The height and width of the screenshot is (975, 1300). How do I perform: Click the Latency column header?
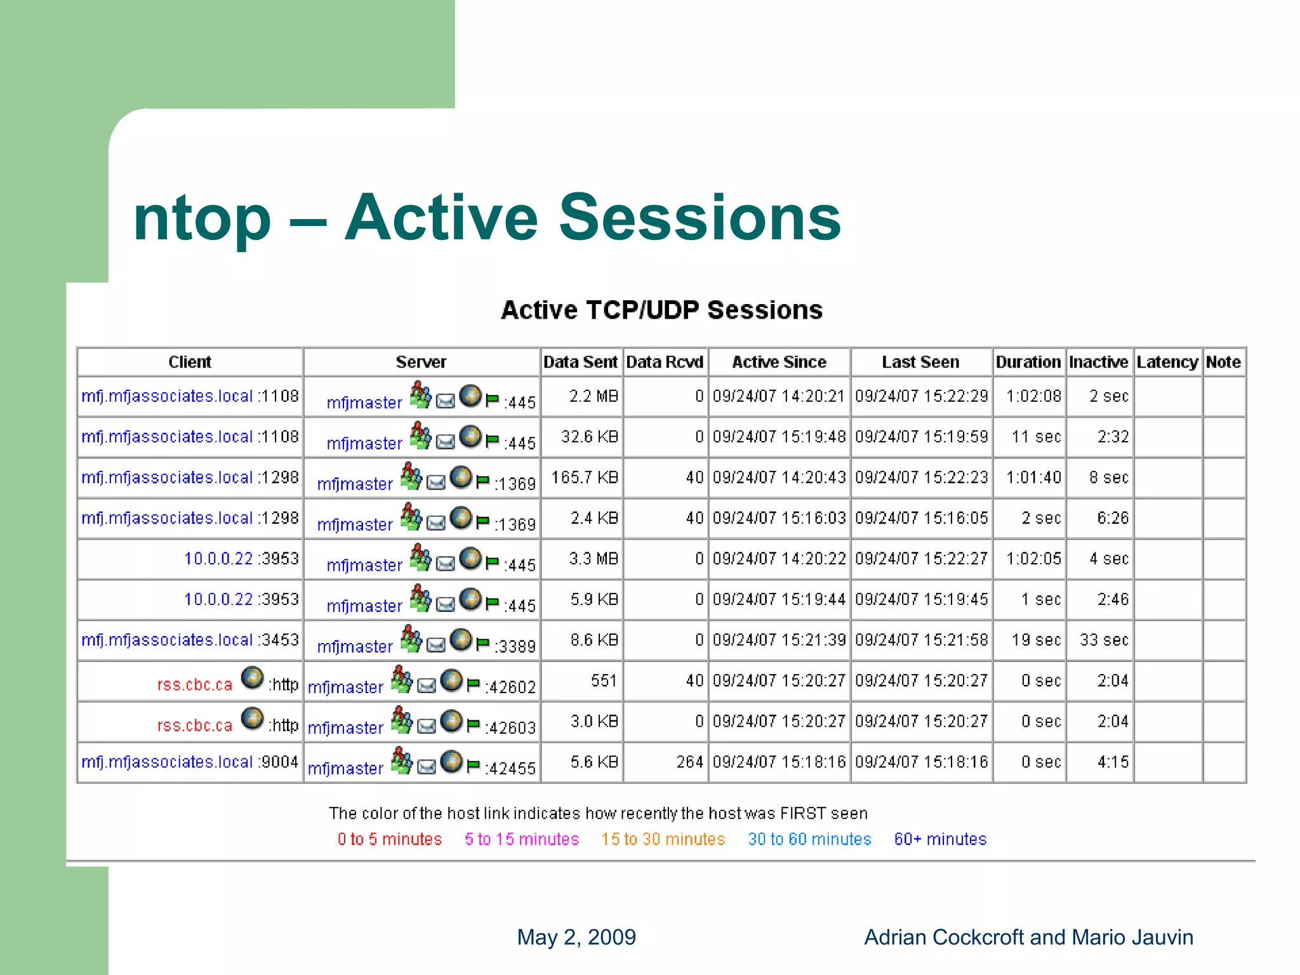[x=1167, y=362]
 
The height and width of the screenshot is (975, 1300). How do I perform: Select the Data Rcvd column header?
[x=665, y=362]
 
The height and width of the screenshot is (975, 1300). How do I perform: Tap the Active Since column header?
[x=779, y=362]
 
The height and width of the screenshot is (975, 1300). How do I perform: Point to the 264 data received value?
[x=689, y=762]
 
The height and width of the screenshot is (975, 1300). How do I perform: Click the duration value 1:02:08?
[x=1033, y=396]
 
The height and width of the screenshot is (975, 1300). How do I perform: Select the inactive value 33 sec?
[x=1104, y=640]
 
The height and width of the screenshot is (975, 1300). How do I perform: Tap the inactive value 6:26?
[x=1113, y=518]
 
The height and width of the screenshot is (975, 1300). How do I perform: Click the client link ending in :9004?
[x=189, y=762]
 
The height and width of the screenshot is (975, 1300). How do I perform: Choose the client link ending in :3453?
[x=189, y=640]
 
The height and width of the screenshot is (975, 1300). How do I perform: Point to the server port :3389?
[x=515, y=647]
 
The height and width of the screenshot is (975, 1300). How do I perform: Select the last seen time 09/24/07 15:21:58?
[x=921, y=640]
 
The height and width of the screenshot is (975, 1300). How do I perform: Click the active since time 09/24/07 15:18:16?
[x=779, y=762]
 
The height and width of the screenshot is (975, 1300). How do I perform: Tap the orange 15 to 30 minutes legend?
[x=663, y=839]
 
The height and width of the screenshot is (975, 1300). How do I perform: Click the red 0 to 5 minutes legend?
[x=389, y=839]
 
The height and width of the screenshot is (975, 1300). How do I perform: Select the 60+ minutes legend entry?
[x=940, y=839]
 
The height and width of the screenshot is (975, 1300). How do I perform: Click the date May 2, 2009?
[x=576, y=937]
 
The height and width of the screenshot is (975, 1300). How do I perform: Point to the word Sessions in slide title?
[x=700, y=218]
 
